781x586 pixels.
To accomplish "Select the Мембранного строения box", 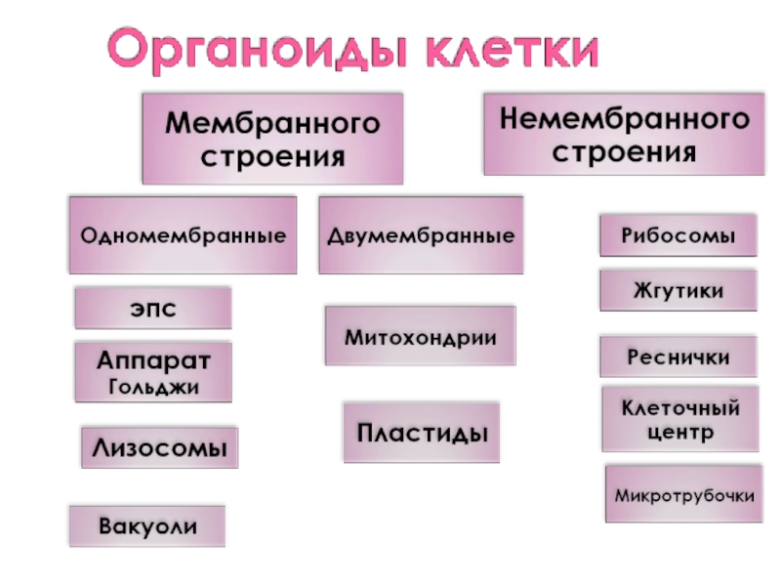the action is [272, 139].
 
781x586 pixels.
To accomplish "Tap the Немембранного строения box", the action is [624, 134].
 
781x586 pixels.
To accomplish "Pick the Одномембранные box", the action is [183, 235].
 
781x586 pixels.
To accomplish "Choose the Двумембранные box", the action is [421, 235].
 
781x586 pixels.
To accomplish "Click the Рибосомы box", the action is [678, 235].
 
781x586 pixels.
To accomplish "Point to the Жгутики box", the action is [678, 290].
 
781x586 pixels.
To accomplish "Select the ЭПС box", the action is [153, 308].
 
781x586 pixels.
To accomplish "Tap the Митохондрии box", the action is [420, 337].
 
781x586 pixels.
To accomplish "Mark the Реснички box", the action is [678, 357].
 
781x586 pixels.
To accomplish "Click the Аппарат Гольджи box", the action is [153, 372].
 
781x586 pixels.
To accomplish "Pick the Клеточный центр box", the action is [679, 419].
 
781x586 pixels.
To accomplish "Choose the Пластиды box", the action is [421, 432].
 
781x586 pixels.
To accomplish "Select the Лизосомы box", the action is [159, 448].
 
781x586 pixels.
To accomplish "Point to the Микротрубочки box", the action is [683, 495].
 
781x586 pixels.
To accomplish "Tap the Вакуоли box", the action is [146, 526].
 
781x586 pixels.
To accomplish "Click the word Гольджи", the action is [153, 387].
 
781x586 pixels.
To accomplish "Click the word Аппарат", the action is [153, 359].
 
